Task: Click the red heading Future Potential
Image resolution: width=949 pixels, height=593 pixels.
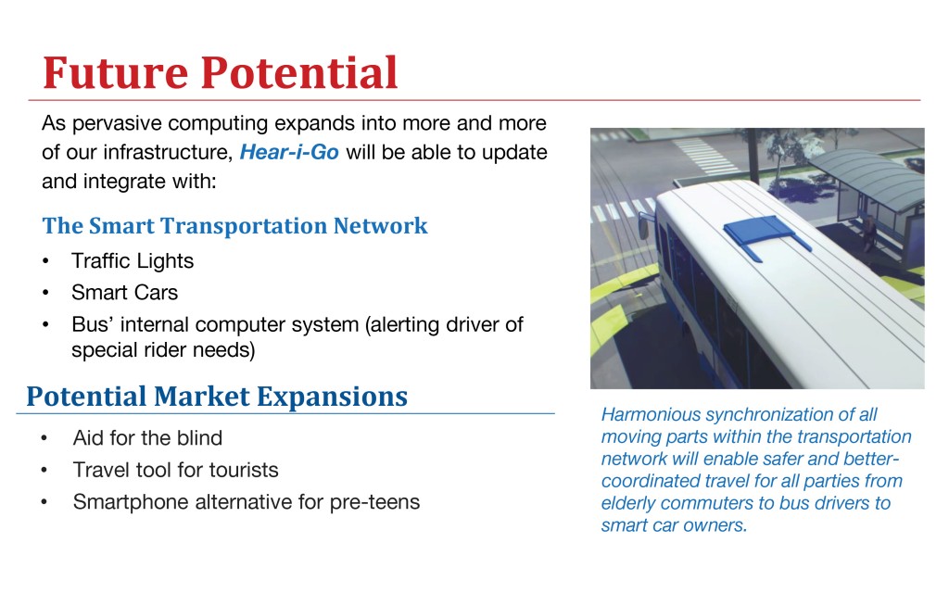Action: (x=221, y=72)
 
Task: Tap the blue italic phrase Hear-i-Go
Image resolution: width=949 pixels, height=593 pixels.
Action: (x=289, y=152)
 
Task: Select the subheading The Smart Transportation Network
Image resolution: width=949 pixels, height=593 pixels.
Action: (x=234, y=226)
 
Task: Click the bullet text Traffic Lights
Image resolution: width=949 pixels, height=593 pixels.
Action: (x=133, y=260)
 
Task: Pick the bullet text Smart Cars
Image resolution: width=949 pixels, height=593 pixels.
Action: (x=125, y=292)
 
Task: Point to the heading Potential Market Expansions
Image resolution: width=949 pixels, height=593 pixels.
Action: (x=217, y=397)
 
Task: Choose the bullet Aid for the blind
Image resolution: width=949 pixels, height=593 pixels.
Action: (x=147, y=437)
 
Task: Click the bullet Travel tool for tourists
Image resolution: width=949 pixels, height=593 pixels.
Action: (x=175, y=470)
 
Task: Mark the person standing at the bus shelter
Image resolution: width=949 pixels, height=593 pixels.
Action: (x=869, y=233)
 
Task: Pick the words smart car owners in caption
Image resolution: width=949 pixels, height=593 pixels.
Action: (x=674, y=525)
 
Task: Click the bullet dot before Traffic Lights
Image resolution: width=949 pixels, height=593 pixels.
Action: (x=45, y=261)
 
